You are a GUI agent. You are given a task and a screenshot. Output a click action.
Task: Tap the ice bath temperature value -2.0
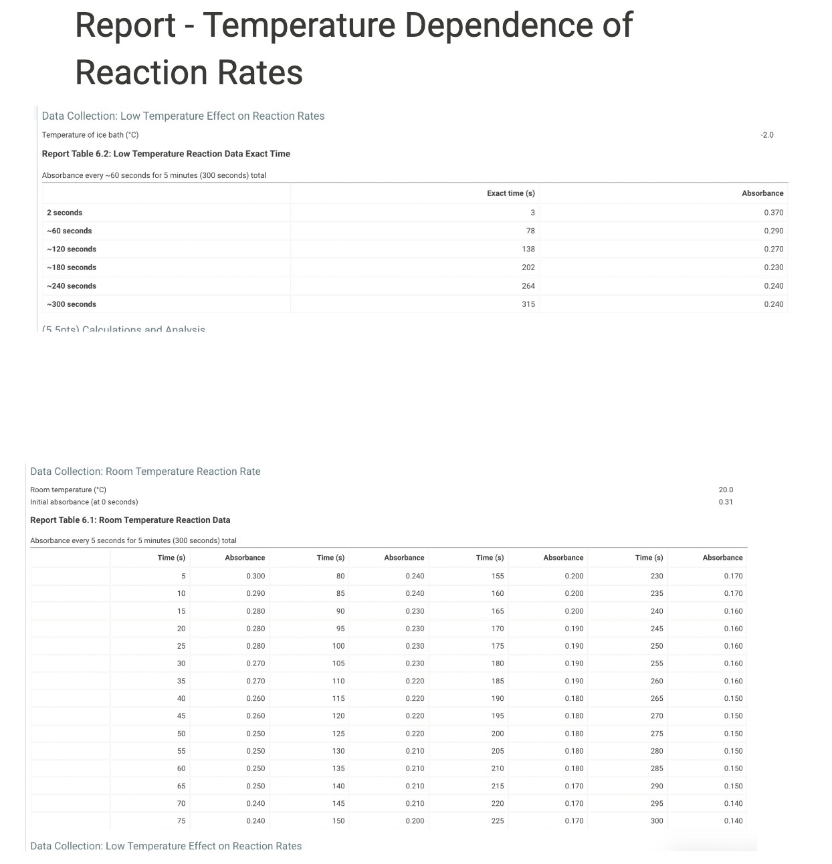click(766, 135)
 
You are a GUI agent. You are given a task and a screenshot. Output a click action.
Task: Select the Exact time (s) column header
click(510, 193)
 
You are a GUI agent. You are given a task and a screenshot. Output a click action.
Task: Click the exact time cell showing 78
click(530, 231)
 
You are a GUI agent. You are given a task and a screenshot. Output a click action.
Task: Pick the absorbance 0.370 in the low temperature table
click(773, 213)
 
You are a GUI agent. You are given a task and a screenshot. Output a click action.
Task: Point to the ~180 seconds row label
click(72, 267)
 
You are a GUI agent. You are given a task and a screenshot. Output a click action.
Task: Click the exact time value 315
click(528, 304)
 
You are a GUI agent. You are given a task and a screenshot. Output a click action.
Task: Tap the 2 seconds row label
click(65, 213)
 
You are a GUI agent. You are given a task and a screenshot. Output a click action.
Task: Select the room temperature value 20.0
click(726, 490)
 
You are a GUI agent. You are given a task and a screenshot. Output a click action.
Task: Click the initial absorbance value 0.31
click(726, 502)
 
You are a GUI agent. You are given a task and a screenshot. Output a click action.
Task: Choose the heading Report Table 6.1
click(130, 520)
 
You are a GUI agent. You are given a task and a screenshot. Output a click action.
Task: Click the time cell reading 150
click(338, 821)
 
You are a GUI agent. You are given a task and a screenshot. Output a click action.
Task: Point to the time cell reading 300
click(657, 821)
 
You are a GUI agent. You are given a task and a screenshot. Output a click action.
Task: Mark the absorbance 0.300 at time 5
click(255, 576)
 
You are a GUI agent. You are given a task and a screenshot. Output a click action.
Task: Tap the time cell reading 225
click(498, 821)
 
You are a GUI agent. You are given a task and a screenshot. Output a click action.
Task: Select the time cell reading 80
click(340, 576)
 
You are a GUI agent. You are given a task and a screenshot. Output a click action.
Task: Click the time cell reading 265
click(657, 698)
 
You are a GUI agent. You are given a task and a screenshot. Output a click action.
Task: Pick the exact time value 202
click(528, 267)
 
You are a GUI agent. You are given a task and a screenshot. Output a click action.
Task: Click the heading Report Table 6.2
click(166, 154)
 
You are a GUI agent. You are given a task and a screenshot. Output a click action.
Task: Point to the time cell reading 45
click(181, 716)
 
